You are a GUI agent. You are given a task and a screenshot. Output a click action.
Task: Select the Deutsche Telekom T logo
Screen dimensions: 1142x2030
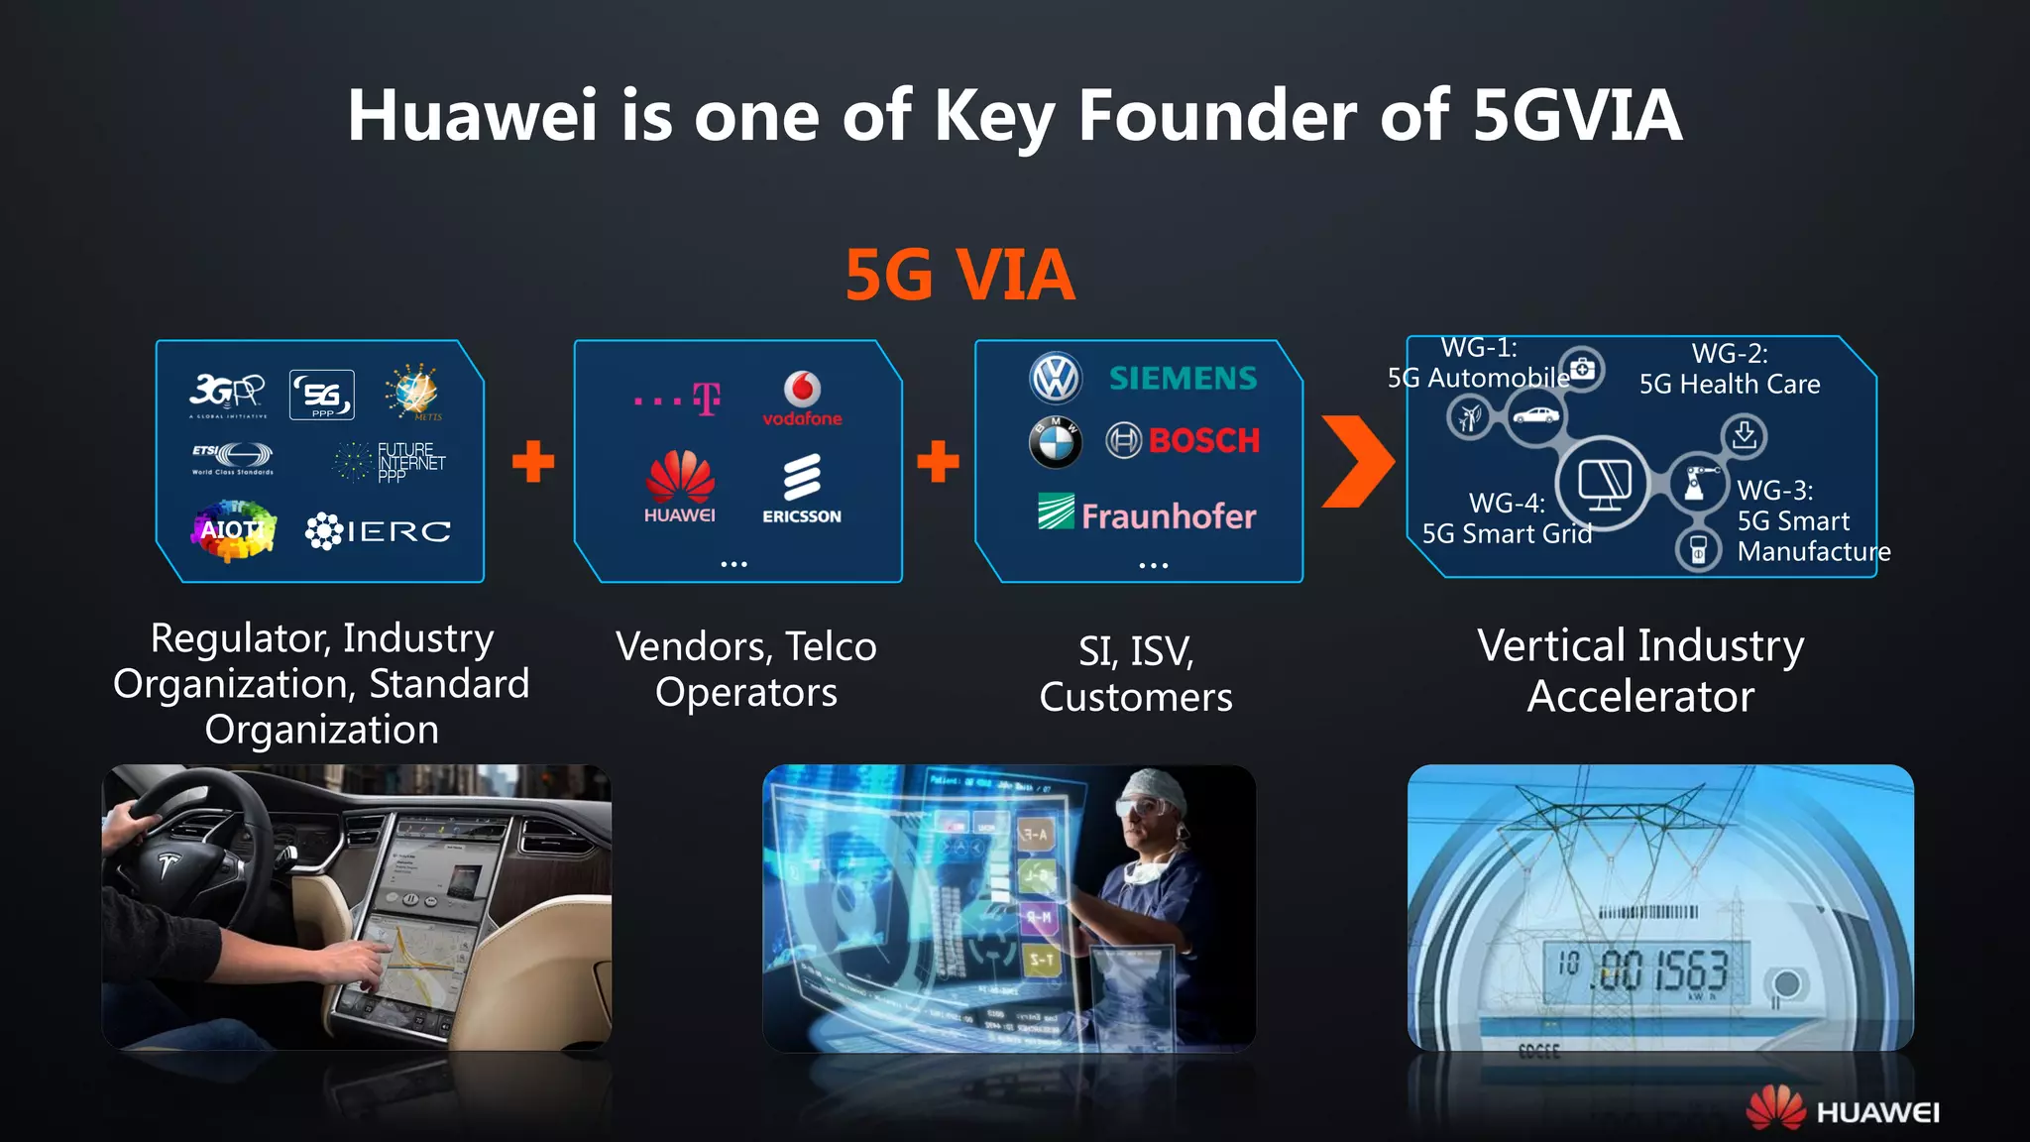[706, 399]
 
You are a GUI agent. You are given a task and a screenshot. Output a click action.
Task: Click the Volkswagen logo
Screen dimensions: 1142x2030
[1056, 378]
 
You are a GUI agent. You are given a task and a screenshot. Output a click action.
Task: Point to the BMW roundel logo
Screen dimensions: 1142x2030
[1055, 442]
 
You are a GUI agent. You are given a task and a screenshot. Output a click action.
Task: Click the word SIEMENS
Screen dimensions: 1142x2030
[1183, 378]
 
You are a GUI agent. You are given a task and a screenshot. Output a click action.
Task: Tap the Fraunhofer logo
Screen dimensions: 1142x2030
[1147, 514]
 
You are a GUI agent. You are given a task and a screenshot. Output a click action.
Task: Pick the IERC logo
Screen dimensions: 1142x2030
[378, 531]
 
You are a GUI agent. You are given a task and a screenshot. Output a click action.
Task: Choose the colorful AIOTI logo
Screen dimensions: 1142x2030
[232, 530]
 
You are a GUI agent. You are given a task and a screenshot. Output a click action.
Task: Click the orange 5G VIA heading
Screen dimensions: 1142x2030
[959, 275]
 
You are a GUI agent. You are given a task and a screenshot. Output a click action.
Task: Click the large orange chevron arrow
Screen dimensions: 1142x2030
[1358, 461]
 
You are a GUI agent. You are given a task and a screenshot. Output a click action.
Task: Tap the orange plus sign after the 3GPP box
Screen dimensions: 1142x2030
[533, 461]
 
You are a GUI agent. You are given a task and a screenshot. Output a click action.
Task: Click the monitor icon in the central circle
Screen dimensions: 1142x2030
[1604, 484]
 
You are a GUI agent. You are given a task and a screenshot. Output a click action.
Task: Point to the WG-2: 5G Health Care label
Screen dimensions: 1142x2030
[1729, 369]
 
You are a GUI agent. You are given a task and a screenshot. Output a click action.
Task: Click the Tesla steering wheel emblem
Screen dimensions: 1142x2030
[168, 865]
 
